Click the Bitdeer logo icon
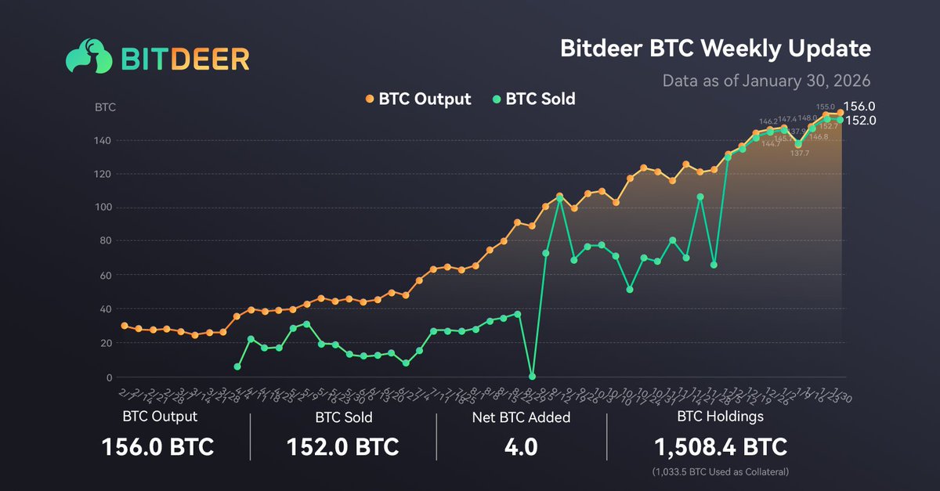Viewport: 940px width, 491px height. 87,57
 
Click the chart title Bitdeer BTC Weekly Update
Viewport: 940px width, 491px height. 715,49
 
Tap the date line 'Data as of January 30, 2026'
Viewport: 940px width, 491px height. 766,81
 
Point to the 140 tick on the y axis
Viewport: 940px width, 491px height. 103,141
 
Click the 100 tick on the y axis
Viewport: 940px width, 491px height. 103,208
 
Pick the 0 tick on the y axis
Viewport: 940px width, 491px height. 109,377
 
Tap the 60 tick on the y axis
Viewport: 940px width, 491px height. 106,276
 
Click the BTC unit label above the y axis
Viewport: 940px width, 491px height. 105,107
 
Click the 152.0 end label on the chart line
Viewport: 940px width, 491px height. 862,121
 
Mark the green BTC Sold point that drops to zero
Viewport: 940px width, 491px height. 533,377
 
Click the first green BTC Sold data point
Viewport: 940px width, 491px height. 237,366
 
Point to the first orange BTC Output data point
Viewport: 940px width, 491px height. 124,326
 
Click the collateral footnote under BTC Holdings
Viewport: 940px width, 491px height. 721,472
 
